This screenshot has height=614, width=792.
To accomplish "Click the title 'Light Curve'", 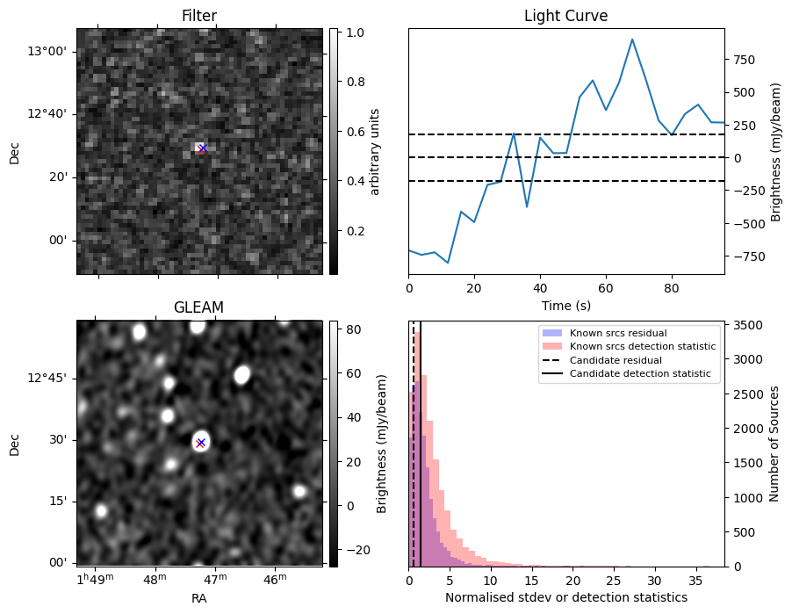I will [565, 16].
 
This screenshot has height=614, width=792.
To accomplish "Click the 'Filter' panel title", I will [199, 16].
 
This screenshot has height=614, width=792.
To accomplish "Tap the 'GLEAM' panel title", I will [199, 307].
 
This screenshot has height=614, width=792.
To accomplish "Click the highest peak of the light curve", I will [632, 40].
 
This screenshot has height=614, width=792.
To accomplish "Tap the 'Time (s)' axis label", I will [565, 305].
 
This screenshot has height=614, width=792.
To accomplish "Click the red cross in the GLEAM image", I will [201, 443].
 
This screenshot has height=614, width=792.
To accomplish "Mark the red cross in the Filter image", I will [202, 148].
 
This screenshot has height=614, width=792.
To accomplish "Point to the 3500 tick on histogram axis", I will [745, 326].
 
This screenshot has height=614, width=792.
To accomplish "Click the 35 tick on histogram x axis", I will [695, 581].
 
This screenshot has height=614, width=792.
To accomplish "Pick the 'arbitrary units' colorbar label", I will [375, 151].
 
